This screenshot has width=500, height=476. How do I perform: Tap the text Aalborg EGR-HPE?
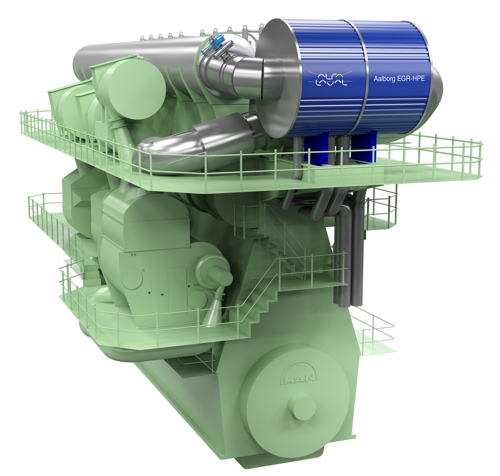399,79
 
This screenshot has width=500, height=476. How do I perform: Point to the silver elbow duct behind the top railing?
193,145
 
